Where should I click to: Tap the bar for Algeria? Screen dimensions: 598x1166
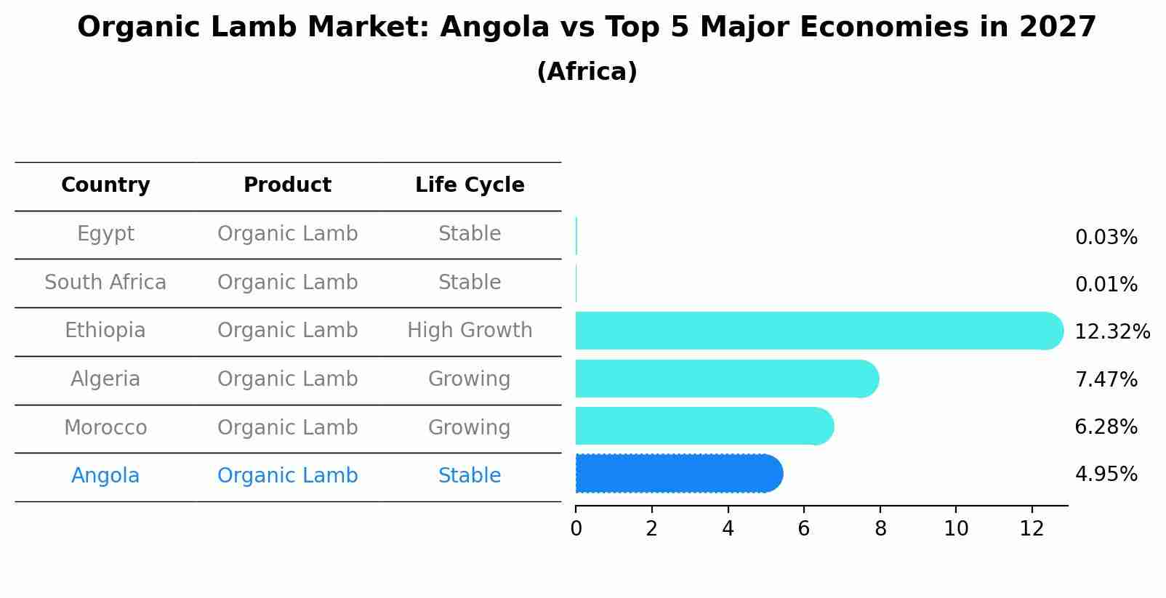pyautogui.click(x=726, y=379)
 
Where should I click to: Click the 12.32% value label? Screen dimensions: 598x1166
pyautogui.click(x=1111, y=332)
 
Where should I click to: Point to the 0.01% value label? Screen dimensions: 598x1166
pyautogui.click(x=1106, y=285)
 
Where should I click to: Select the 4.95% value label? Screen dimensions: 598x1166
pyautogui.click(x=1106, y=474)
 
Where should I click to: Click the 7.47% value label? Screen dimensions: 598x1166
pyautogui.click(x=1106, y=379)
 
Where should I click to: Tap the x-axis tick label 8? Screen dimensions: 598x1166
pyautogui.click(x=880, y=529)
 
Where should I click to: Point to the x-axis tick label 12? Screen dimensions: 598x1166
pyautogui.click(x=1032, y=529)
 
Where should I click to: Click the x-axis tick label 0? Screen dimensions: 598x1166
pyautogui.click(x=576, y=529)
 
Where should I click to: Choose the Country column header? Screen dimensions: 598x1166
pyautogui.click(x=105, y=185)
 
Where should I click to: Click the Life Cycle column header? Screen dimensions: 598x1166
pyautogui.click(x=470, y=185)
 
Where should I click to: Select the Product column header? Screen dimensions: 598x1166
pyautogui.click(x=287, y=185)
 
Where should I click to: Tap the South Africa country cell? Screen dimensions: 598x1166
pyautogui.click(x=105, y=283)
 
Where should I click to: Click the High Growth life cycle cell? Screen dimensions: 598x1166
pyautogui.click(x=470, y=331)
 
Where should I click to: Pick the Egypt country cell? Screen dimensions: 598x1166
pyautogui.click(x=105, y=234)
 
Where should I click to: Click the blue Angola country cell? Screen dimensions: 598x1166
pyautogui.click(x=105, y=476)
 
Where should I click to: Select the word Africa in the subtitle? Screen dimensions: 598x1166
pyautogui.click(x=587, y=72)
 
